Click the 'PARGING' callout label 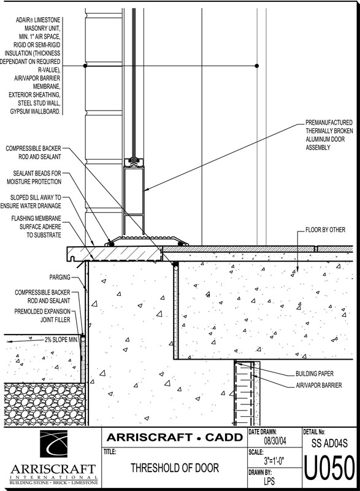point(59,277)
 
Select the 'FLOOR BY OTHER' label point(325,230)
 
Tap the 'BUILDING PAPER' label point(315,374)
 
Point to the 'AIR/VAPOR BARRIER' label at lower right point(319,385)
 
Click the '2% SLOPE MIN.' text point(61,340)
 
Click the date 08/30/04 point(275,441)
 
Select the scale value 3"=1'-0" point(274,461)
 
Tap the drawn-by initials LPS point(269,481)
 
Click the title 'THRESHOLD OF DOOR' point(175,468)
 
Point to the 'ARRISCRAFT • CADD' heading point(175,438)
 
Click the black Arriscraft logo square point(53,444)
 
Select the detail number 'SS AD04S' point(330,443)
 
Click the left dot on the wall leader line point(85,66)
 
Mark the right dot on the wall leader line point(257,66)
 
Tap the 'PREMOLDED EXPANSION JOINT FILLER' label point(42,315)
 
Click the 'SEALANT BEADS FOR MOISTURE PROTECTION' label point(34,177)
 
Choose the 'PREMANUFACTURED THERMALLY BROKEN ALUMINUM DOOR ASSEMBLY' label point(329,135)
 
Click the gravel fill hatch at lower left point(44,404)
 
